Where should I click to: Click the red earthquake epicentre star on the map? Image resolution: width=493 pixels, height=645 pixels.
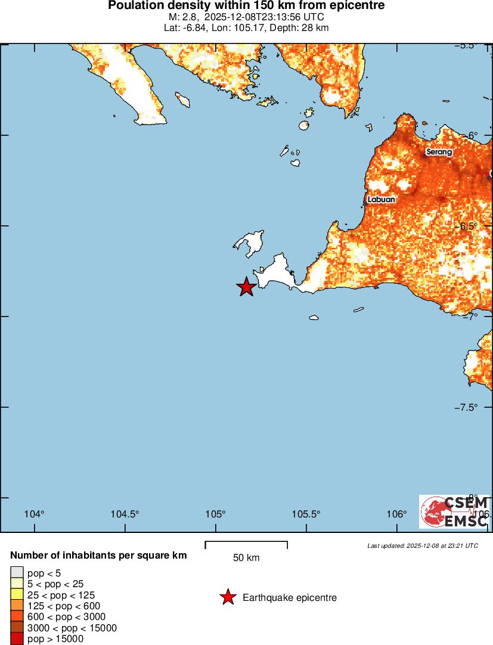click(246, 287)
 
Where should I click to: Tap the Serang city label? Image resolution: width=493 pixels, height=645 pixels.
click(439, 152)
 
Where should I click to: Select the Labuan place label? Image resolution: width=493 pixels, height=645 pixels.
click(381, 200)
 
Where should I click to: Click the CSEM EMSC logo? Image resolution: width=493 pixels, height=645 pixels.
click(454, 511)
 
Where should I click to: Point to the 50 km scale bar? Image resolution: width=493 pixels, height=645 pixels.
click(246, 545)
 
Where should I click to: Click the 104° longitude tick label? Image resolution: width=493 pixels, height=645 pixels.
click(35, 514)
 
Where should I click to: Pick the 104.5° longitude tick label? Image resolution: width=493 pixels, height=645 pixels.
click(125, 514)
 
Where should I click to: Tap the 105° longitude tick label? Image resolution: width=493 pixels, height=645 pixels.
click(215, 514)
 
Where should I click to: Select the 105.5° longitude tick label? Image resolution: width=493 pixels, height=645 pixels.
click(306, 514)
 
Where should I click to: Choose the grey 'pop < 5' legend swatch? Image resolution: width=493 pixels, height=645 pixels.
click(17, 573)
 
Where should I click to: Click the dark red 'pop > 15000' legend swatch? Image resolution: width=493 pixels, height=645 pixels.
click(17, 639)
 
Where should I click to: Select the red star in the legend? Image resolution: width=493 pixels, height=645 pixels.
click(227, 597)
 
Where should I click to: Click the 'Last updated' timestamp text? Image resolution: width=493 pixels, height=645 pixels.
click(422, 545)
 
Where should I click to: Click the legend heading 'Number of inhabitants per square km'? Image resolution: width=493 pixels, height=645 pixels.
click(98, 556)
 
